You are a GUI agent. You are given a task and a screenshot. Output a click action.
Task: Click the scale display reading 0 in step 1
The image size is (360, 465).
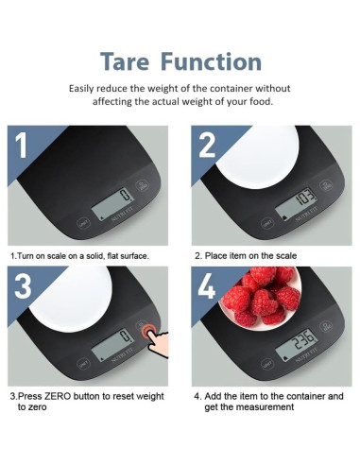(x=122, y=198)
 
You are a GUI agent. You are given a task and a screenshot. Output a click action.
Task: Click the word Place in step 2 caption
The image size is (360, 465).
(x=218, y=255)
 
